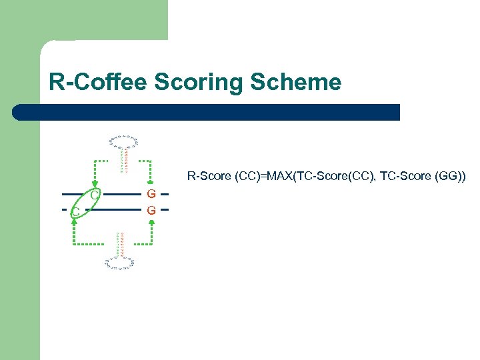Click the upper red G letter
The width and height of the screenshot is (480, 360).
[x=152, y=194]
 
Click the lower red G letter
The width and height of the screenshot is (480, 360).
[x=152, y=210]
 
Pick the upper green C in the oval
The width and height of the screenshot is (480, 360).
[x=95, y=195]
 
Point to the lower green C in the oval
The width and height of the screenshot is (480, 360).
[x=76, y=211]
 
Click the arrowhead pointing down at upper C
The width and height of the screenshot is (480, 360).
[x=95, y=185]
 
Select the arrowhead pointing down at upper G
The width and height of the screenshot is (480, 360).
[x=152, y=185]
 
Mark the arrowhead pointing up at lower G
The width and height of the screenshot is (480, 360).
[x=152, y=220]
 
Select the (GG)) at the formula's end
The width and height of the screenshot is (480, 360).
[x=453, y=177]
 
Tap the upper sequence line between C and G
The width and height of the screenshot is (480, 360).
[x=123, y=194]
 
